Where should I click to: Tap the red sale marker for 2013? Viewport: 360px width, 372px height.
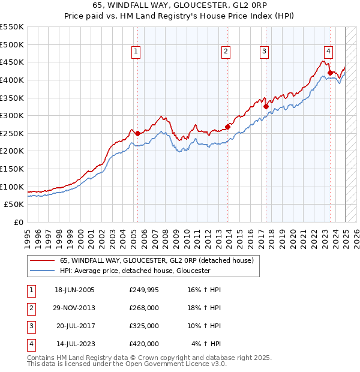click(x=228, y=127)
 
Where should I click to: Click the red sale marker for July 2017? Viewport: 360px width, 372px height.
click(x=266, y=106)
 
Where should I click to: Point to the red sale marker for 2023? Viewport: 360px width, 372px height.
click(x=330, y=73)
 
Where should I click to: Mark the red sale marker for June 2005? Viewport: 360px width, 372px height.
click(x=137, y=133)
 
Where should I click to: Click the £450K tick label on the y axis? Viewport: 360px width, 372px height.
click(x=11, y=62)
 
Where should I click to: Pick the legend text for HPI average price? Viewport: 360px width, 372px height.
click(x=135, y=271)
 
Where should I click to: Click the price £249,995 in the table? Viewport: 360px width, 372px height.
click(x=144, y=290)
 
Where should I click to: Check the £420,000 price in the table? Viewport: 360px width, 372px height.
click(x=144, y=344)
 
